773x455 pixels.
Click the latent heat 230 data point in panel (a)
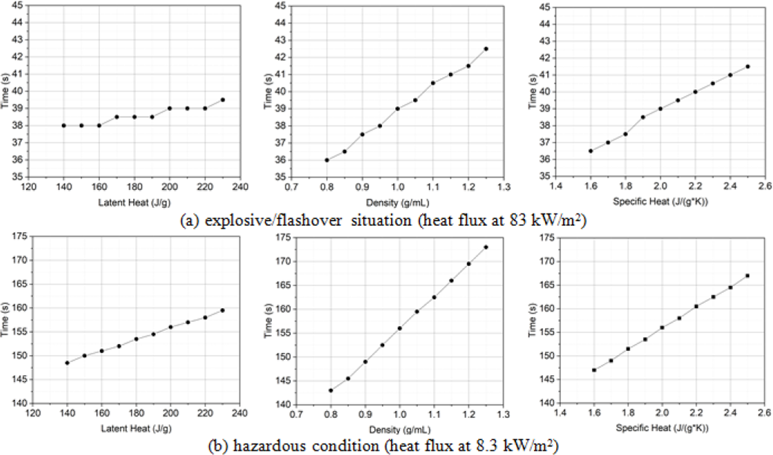[x=222, y=100]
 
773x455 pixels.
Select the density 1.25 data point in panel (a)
[x=486, y=49]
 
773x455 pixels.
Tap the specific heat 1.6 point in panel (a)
[x=590, y=151]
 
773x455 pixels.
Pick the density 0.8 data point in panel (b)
[x=331, y=390]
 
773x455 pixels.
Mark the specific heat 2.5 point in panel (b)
[x=748, y=276]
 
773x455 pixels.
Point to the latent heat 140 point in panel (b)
[x=67, y=363]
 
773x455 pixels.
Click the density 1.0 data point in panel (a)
[x=398, y=109]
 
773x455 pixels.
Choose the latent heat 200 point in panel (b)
[x=170, y=327]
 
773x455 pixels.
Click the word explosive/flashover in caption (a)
[x=273, y=221]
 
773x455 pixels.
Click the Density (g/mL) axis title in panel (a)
[x=398, y=203]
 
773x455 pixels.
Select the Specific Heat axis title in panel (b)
[x=662, y=428]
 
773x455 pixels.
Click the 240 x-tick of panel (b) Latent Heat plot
[x=240, y=413]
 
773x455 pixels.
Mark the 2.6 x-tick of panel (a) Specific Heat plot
[x=765, y=186]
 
